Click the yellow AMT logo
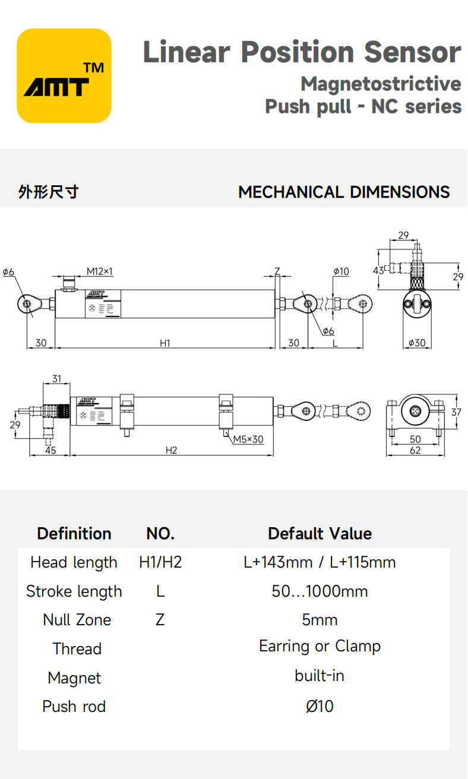[x=64, y=76]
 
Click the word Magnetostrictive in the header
[x=381, y=84]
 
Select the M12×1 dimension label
[x=100, y=271]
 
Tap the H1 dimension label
[x=165, y=343]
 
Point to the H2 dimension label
[x=171, y=450]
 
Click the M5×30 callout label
[x=248, y=439]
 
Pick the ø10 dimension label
[x=341, y=271]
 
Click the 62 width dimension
[x=415, y=451]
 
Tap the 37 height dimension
[x=457, y=412]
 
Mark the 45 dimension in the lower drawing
[x=50, y=450]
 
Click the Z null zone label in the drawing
[x=277, y=271]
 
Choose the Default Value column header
[x=320, y=533]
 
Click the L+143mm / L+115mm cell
[x=320, y=562]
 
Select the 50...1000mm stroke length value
[x=320, y=591]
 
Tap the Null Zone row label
[x=77, y=620]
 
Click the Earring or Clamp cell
[x=320, y=646]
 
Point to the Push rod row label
[x=74, y=707]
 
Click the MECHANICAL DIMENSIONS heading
[x=344, y=192]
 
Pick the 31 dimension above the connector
[x=56, y=379]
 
